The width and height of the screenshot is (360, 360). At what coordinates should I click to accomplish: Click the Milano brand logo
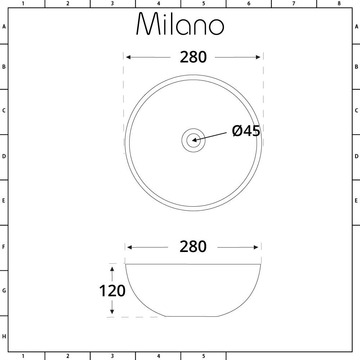[x=180, y=24]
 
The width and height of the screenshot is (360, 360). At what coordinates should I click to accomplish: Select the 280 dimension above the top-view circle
[x=193, y=57]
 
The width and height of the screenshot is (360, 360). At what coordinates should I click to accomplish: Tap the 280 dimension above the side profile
[x=193, y=247]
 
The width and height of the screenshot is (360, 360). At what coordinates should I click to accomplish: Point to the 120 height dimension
[x=112, y=291]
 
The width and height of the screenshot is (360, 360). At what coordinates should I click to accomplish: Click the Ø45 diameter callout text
[x=246, y=131]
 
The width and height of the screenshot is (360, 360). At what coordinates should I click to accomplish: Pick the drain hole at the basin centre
[x=193, y=140]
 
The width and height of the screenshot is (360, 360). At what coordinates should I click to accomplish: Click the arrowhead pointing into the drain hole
[x=195, y=139]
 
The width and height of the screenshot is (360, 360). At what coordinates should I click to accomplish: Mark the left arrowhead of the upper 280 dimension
[x=128, y=57]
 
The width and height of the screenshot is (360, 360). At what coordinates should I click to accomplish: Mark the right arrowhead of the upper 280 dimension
[x=258, y=57]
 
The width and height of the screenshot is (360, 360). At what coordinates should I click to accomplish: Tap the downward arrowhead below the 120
[x=112, y=312]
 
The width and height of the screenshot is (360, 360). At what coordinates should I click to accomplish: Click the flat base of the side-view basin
[x=192, y=316]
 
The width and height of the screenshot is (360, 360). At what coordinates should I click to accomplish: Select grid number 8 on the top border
[x=339, y=4]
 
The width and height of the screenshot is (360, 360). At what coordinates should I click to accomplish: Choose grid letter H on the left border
[x=4, y=337]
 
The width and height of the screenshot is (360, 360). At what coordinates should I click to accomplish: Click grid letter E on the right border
[x=356, y=201]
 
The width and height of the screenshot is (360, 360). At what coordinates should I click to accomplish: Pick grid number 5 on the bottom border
[x=203, y=356]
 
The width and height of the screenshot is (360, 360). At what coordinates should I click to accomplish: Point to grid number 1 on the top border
[x=23, y=4]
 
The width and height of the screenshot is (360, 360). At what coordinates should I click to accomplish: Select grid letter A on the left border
[x=4, y=27]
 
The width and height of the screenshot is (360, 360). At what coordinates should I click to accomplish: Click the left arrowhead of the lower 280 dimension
[x=130, y=247]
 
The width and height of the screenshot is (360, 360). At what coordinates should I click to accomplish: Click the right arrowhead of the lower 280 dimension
[x=256, y=247]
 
